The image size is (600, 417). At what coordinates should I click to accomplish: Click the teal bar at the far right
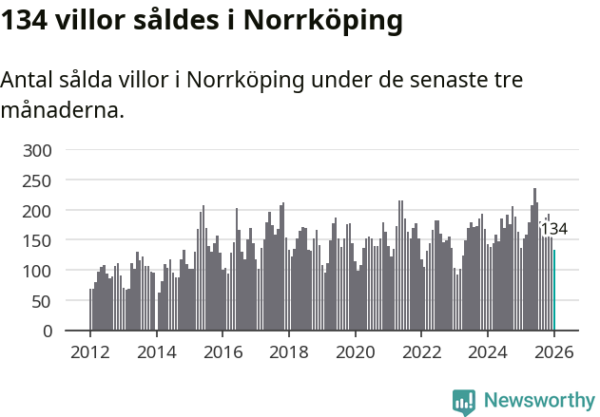(x=554, y=290)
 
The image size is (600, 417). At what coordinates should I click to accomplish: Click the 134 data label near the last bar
(x=553, y=229)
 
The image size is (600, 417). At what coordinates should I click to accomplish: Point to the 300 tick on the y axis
(x=39, y=150)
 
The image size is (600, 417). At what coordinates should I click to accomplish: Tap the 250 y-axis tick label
(x=39, y=180)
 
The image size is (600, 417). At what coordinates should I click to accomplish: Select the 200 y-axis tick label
(x=39, y=211)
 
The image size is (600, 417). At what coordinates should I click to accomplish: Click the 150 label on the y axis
(x=39, y=241)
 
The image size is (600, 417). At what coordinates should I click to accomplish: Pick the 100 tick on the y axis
(x=39, y=272)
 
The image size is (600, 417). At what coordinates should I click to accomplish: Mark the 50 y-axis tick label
(x=44, y=301)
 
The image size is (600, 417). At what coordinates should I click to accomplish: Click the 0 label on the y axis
(x=48, y=332)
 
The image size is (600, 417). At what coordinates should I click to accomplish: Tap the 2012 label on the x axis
(x=90, y=352)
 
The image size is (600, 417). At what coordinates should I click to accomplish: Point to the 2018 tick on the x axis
(x=289, y=352)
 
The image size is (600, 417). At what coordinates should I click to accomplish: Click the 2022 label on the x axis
(x=421, y=352)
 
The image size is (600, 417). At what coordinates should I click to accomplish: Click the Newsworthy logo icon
(x=464, y=402)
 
